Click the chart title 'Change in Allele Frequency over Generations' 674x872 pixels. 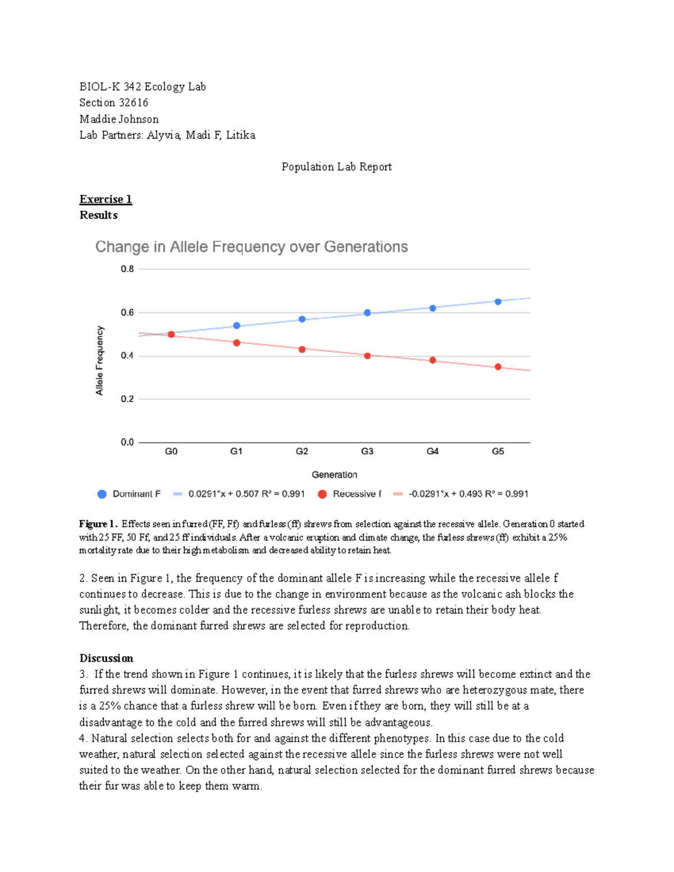coord(251,247)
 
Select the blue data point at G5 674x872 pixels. coord(498,302)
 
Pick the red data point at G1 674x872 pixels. coord(236,343)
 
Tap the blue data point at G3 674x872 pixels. coord(367,313)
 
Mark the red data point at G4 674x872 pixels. coord(432,360)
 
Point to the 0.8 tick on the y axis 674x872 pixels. coord(127,269)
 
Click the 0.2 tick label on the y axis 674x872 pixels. coord(127,399)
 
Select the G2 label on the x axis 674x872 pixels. coord(302,451)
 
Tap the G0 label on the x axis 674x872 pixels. coord(171,451)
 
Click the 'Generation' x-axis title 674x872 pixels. coord(334,475)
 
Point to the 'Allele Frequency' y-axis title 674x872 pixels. coord(100,360)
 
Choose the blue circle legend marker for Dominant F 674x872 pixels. coord(102,494)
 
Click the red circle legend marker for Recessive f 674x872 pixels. coord(322,494)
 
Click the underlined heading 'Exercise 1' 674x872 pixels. coord(106,199)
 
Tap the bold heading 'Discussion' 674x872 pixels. coord(106,658)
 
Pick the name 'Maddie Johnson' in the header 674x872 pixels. coord(119,119)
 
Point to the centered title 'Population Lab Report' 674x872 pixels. coord(336,167)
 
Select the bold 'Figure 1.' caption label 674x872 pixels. coord(98,524)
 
